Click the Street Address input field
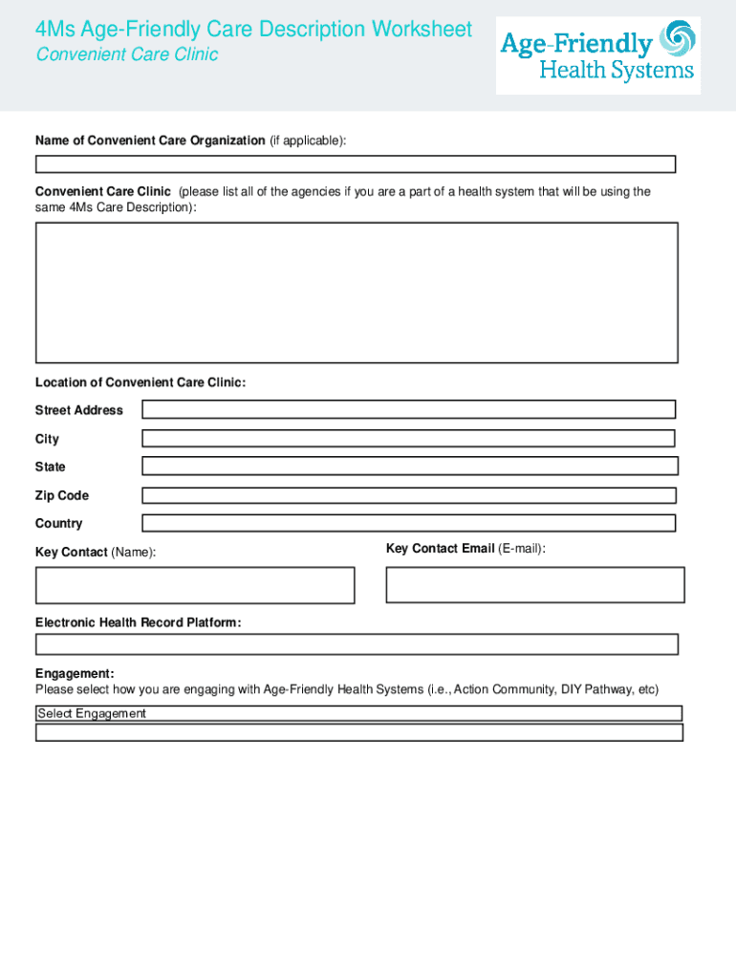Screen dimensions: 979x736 click(408, 409)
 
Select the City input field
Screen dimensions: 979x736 click(408, 439)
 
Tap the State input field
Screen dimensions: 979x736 click(409, 467)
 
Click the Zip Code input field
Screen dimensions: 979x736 click(408, 495)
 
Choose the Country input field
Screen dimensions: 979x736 click(408, 523)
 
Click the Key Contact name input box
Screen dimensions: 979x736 click(195, 585)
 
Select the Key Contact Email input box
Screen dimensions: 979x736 click(534, 585)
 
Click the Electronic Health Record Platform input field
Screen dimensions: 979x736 click(357, 644)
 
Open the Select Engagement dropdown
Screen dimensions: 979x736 click(358, 713)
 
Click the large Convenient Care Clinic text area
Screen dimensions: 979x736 click(357, 293)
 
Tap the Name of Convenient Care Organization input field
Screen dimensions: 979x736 click(356, 164)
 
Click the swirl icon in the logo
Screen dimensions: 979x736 click(678, 40)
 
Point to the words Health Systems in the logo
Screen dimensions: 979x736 click(617, 71)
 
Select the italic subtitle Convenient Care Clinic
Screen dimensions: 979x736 click(127, 54)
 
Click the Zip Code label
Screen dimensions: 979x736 click(62, 495)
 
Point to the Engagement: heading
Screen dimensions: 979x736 click(75, 673)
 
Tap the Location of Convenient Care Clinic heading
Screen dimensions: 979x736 click(141, 382)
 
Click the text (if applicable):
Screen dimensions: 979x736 click(307, 141)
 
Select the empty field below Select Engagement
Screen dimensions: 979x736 click(358, 732)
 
